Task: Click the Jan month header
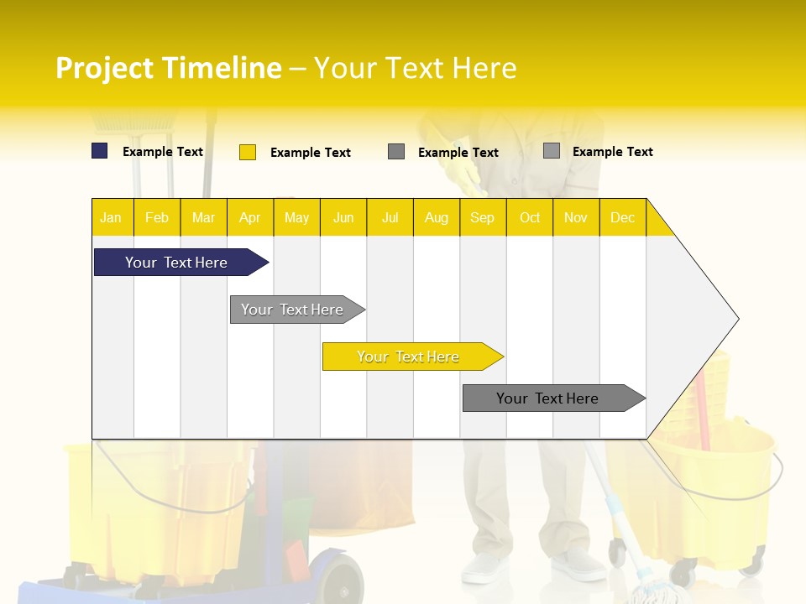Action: [x=111, y=217]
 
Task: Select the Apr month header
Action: [x=250, y=217]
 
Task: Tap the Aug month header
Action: [x=436, y=217]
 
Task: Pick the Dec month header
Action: [x=622, y=217]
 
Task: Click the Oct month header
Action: [x=530, y=217]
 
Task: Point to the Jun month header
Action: [x=343, y=217]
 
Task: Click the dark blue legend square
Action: [x=100, y=151]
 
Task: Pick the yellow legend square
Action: [x=248, y=152]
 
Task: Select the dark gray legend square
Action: [x=396, y=152]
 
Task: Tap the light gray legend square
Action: [x=552, y=151]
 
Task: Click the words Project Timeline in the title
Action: [x=168, y=68]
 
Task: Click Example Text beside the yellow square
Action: [x=310, y=153]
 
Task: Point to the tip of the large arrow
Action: [x=736, y=319]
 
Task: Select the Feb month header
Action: [x=157, y=217]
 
